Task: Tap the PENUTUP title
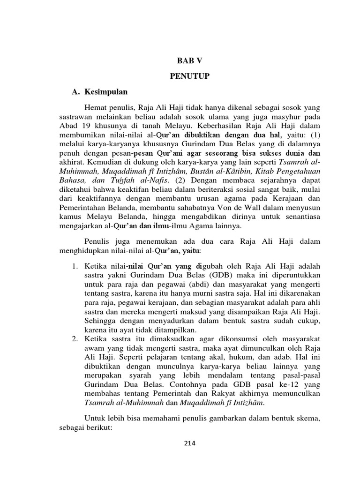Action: tap(190, 76)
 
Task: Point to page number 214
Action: tap(190, 443)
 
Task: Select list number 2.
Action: tap(75, 337)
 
